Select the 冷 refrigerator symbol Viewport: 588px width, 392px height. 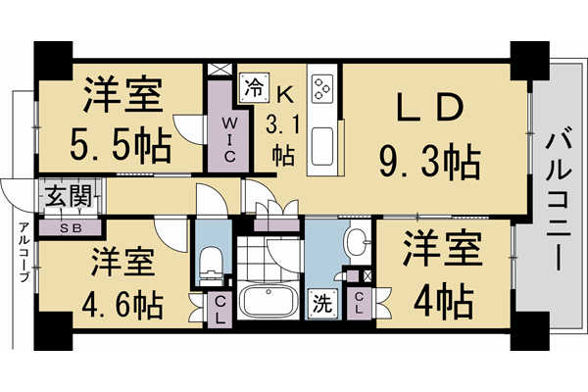(252, 84)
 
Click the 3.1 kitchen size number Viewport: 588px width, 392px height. (283, 125)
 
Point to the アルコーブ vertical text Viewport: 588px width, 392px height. (22, 254)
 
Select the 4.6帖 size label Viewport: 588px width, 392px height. (122, 304)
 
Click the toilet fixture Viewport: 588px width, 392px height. (211, 263)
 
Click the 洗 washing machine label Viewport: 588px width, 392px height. (320, 303)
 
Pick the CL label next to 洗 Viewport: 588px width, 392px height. (360, 303)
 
